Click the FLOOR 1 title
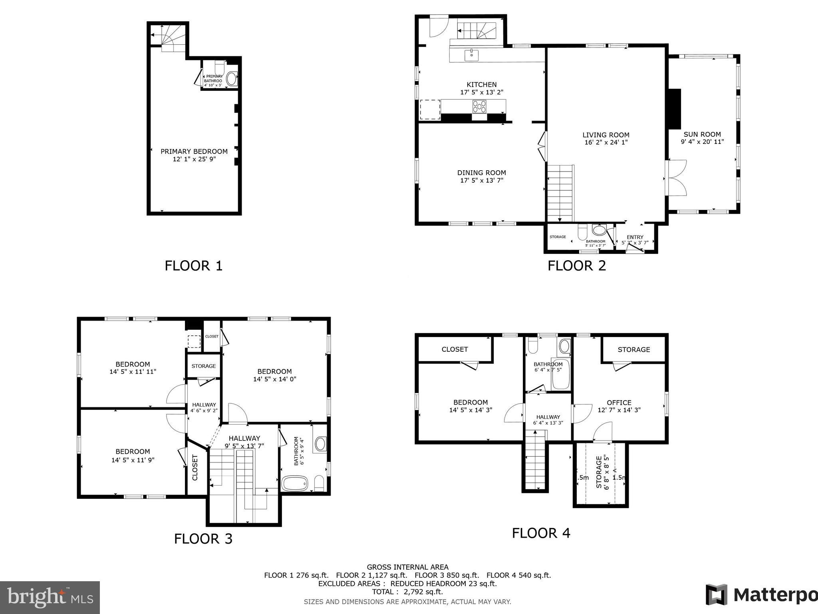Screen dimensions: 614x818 point(193,266)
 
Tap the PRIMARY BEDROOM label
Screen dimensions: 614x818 point(194,152)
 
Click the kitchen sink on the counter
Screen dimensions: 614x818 point(472,55)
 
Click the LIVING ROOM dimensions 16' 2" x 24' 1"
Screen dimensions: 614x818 point(606,142)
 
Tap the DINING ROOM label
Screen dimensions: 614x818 point(481,173)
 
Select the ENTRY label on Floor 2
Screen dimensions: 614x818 point(635,237)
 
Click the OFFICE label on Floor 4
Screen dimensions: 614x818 point(619,403)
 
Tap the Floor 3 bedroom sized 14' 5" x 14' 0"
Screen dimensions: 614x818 point(274,375)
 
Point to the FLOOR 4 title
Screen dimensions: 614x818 point(541,533)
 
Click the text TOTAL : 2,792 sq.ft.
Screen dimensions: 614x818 point(407,592)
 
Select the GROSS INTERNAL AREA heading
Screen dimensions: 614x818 point(407,567)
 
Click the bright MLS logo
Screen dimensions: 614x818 point(50,598)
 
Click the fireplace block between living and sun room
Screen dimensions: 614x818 point(675,108)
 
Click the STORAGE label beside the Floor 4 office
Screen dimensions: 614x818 point(633,349)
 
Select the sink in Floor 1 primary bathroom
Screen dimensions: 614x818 point(232,78)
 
